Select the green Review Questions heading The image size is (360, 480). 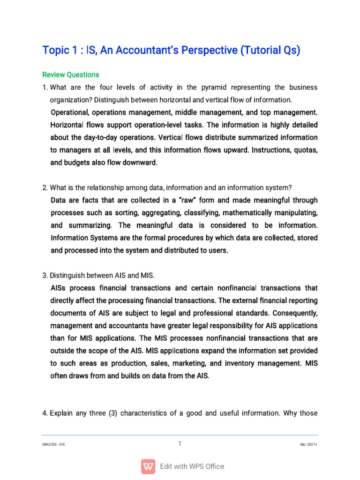point(71,75)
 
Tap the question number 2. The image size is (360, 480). point(45,188)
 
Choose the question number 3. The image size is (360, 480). point(45,275)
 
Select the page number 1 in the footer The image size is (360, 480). point(180,443)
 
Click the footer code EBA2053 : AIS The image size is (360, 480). point(53,444)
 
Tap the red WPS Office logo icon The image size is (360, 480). point(148,466)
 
